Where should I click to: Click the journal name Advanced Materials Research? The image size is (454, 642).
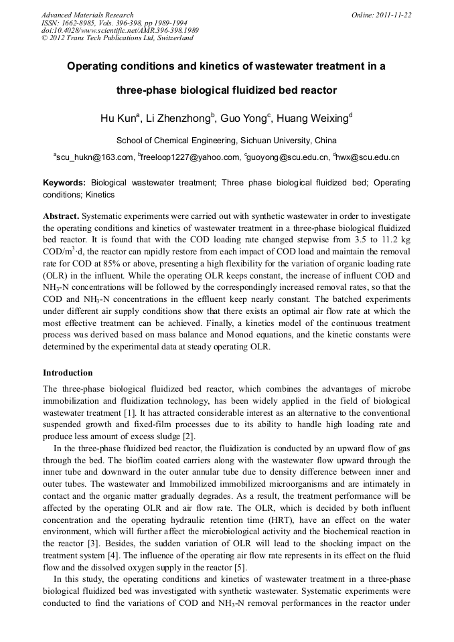click(x=87, y=15)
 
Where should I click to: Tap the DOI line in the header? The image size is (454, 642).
click(x=120, y=31)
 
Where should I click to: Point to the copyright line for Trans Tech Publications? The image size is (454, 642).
click(x=117, y=38)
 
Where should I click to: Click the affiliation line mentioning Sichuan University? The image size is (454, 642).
click(x=226, y=141)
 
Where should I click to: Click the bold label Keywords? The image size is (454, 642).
click(x=64, y=182)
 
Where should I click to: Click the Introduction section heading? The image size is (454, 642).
click(x=68, y=372)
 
